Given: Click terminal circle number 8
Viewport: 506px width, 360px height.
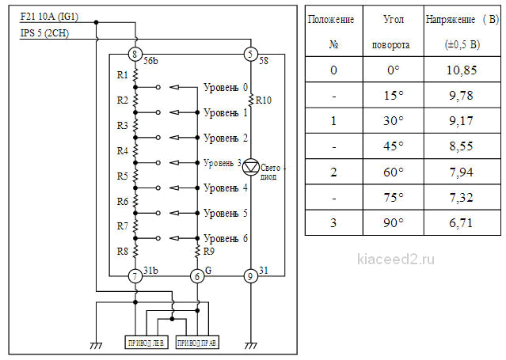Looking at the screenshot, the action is [135, 54].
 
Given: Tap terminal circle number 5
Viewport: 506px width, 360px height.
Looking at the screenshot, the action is [250, 54].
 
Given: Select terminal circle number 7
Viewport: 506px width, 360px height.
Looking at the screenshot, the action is [135, 276].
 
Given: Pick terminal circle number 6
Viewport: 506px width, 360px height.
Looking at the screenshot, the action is [197, 276].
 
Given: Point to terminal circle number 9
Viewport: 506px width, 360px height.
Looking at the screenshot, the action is [250, 276].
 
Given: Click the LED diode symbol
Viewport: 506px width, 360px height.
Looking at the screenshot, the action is [251, 167].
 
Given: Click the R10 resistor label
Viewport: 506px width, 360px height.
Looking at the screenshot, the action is [264, 100].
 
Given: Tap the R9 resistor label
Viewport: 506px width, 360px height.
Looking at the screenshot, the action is [209, 252].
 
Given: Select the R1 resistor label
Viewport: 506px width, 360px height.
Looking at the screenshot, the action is [122, 75].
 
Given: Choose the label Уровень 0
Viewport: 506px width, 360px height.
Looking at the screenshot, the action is [226, 87].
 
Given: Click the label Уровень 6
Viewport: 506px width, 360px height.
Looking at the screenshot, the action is [226, 238].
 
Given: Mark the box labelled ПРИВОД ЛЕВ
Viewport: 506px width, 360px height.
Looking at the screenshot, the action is [146, 343].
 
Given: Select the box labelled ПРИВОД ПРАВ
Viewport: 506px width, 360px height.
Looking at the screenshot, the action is [197, 343].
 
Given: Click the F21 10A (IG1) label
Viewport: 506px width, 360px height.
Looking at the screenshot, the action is [49, 17].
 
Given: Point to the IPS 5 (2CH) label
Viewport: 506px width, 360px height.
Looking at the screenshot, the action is [44, 33].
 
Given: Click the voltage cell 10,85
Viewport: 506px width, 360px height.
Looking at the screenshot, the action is [462, 70].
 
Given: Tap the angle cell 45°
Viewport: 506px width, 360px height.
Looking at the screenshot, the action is [394, 146].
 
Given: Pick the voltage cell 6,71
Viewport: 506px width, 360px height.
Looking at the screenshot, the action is [461, 222].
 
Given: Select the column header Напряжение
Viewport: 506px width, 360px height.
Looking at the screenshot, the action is [450, 20].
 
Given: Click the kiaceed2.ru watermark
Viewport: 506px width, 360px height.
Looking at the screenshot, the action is [396, 259].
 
